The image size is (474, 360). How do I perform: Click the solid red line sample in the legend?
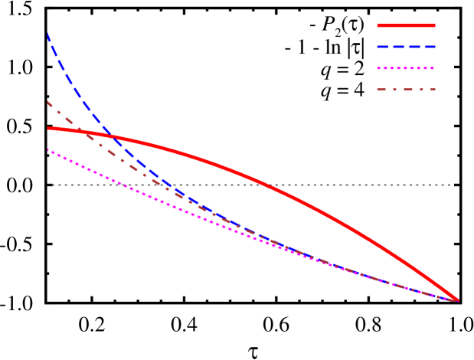[406, 25]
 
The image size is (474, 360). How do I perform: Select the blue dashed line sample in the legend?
[406, 47]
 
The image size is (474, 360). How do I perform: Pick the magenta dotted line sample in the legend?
[406, 68]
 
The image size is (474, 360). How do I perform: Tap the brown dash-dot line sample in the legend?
[406, 90]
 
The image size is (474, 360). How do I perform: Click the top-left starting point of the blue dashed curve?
[48, 33]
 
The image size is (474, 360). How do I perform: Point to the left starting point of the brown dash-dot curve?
[48, 102]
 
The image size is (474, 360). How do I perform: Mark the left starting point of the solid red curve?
[48, 128]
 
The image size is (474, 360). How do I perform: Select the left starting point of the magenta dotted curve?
[48, 149]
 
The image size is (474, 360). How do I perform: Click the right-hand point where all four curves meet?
[457, 299]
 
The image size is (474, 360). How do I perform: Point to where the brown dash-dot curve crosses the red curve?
[79, 130]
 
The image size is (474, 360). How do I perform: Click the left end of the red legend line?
[378, 25]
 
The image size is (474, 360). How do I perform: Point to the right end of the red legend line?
[434, 25]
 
